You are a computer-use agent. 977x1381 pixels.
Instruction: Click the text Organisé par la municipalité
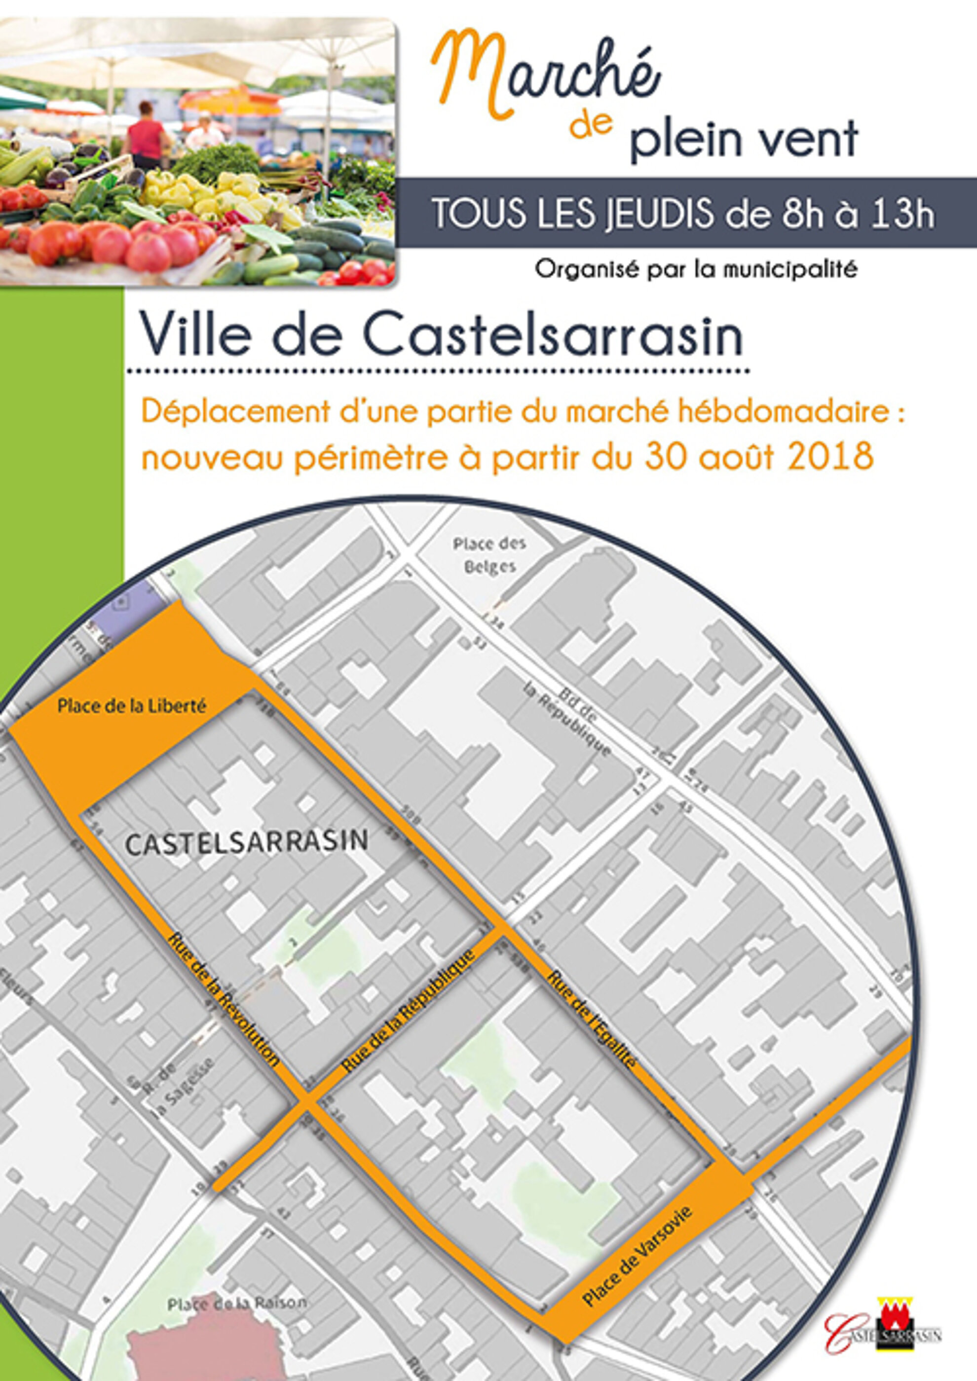[695, 270]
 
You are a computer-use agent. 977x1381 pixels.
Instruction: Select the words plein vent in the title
[744, 139]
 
